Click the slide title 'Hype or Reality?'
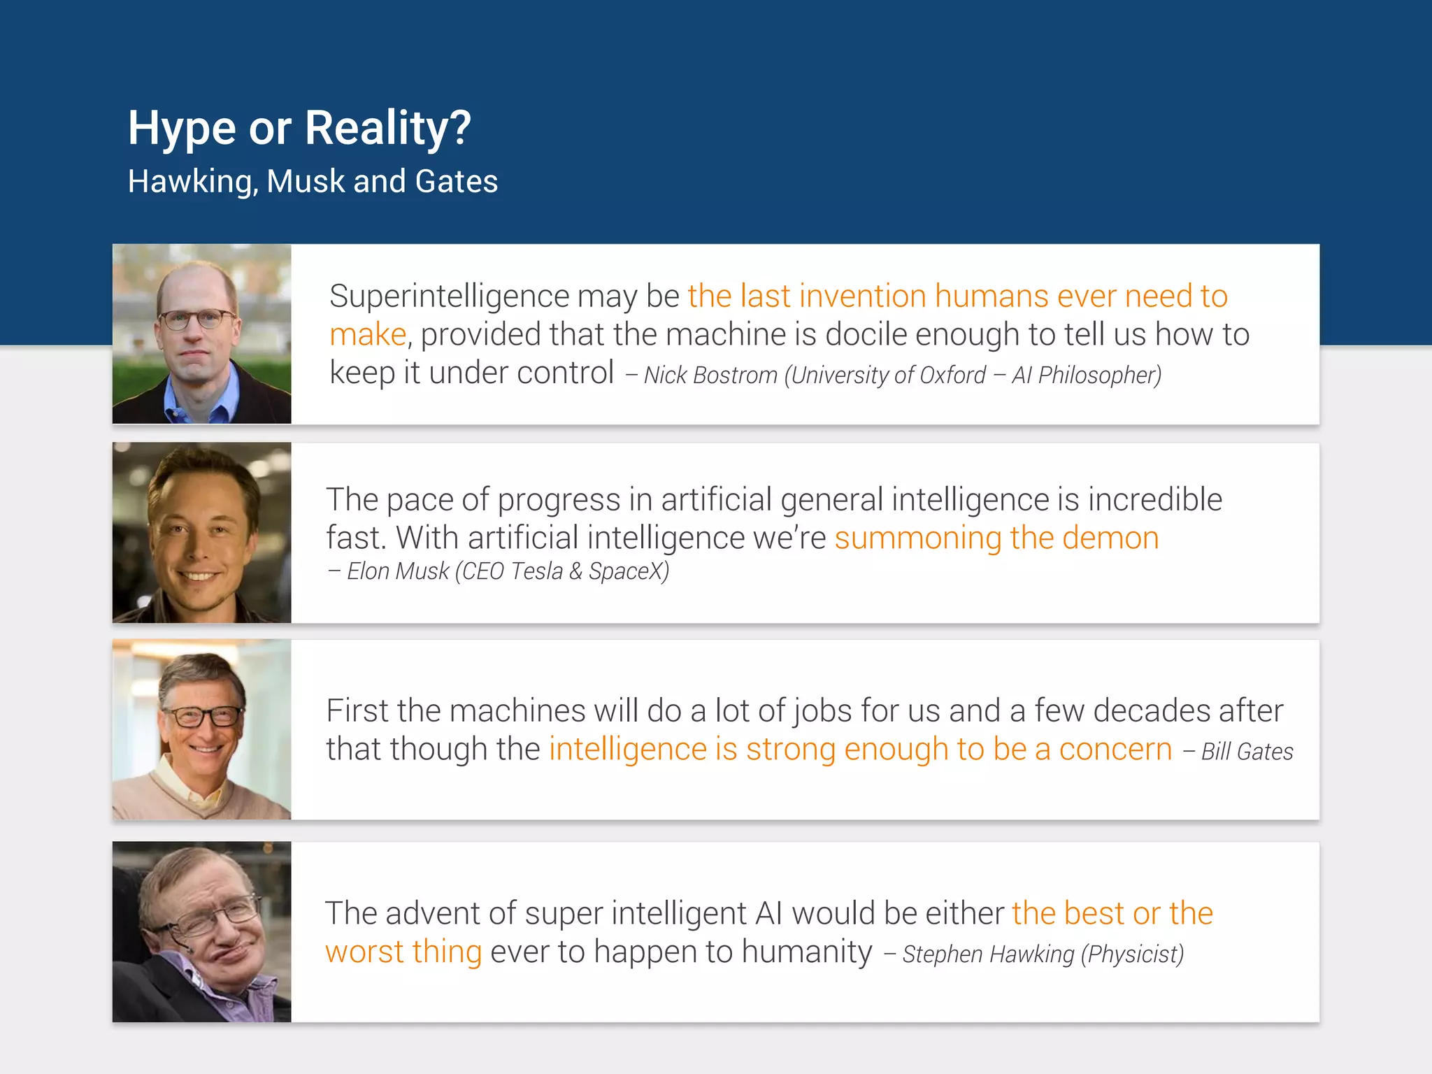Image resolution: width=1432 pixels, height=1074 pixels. [x=299, y=129]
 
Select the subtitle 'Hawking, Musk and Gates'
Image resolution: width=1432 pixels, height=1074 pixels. [x=313, y=182]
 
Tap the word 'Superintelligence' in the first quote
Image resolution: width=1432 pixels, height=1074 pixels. [x=449, y=296]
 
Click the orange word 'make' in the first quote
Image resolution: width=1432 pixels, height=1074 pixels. [x=368, y=335]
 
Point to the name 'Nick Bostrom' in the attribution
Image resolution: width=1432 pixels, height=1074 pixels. [x=710, y=375]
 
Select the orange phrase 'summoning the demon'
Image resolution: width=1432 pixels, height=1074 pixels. [x=996, y=538]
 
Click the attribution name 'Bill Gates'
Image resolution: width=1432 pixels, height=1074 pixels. [x=1247, y=752]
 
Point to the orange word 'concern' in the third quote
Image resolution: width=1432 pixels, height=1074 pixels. [x=1115, y=750]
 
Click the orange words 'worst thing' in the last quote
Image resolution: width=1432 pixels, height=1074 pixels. [x=403, y=952]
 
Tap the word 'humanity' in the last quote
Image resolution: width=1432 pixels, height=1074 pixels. [x=807, y=952]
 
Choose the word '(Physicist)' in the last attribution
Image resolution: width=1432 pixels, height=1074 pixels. [x=1132, y=954]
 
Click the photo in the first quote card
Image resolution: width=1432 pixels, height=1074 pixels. [x=202, y=334]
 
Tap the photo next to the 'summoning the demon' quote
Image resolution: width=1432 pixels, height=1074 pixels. [x=202, y=533]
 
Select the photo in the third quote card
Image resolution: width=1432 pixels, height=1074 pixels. [x=202, y=729]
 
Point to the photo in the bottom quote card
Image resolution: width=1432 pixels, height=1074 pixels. [x=202, y=931]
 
